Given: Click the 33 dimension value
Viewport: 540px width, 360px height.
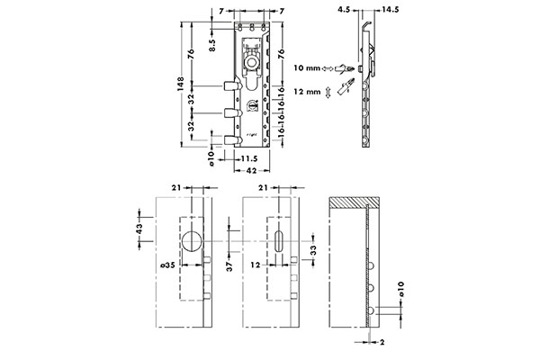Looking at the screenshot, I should [x=312, y=249].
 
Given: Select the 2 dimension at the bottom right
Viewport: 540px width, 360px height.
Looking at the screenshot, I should [x=382, y=344].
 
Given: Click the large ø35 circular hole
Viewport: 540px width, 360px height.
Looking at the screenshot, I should [x=192, y=242].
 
